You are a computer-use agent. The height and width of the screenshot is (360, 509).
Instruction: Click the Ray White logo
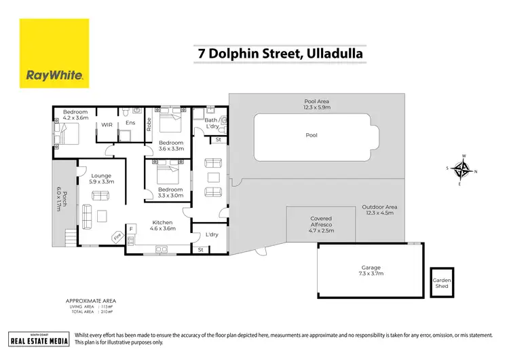[x=54, y=54]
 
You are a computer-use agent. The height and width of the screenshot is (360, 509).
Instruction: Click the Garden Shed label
[x=441, y=283]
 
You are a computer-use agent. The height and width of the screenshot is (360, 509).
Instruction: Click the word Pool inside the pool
[x=312, y=135]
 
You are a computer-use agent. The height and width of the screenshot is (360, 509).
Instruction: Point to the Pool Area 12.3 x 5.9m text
[x=316, y=104]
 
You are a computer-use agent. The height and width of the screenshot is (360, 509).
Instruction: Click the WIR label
[x=107, y=125]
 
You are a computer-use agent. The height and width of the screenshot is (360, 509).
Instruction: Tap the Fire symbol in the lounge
[x=117, y=237]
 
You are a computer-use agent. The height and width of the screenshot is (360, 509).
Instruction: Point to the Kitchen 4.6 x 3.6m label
[x=162, y=226]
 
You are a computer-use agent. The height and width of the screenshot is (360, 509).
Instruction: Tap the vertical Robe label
[x=149, y=124]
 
